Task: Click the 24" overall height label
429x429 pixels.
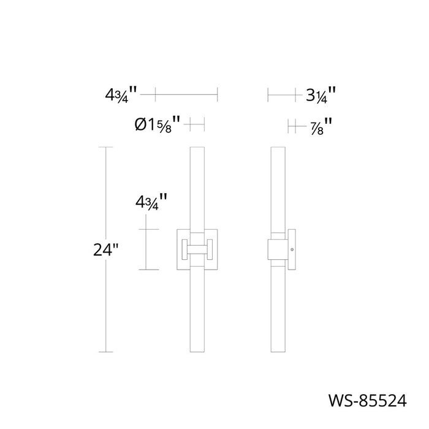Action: point(105,250)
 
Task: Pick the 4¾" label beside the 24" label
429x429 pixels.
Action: point(150,202)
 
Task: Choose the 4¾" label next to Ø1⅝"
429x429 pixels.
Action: point(121,95)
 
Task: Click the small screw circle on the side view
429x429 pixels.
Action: point(292,249)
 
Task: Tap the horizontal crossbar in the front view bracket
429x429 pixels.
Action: point(197,249)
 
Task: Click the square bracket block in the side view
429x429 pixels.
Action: point(279,249)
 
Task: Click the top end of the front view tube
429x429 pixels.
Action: point(197,149)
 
